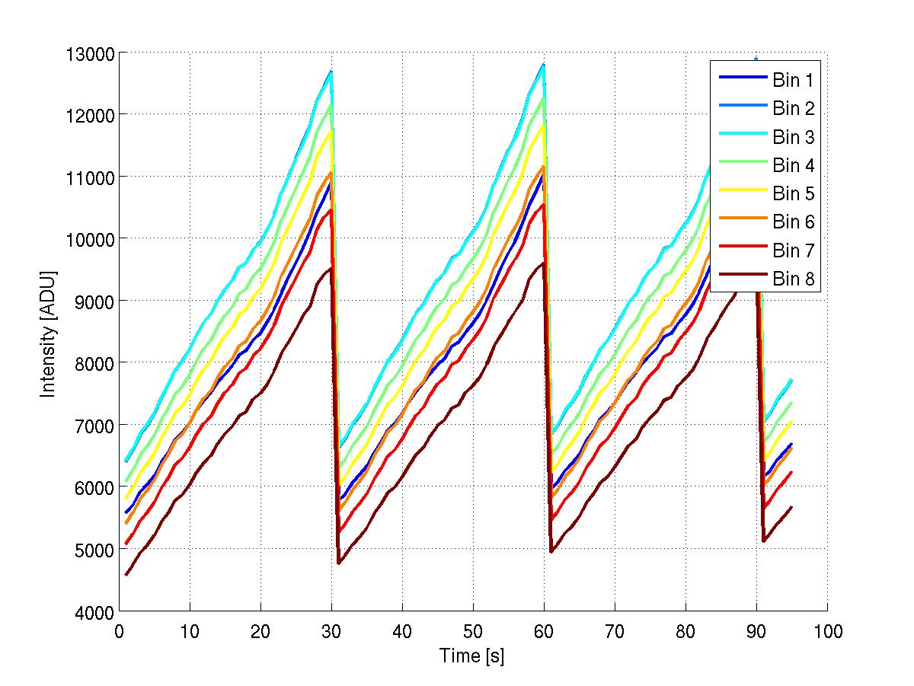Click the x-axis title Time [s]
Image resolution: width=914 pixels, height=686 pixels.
(x=472, y=656)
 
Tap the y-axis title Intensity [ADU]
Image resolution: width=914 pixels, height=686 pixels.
(x=49, y=332)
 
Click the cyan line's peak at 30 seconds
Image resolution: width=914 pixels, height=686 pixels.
(x=331, y=72)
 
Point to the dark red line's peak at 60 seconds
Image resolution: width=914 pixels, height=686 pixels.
(x=543, y=263)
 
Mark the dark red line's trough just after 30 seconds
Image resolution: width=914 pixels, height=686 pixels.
(x=339, y=563)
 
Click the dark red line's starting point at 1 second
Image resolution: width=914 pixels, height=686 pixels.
(x=126, y=575)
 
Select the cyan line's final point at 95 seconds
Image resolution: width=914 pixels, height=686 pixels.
(x=792, y=380)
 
